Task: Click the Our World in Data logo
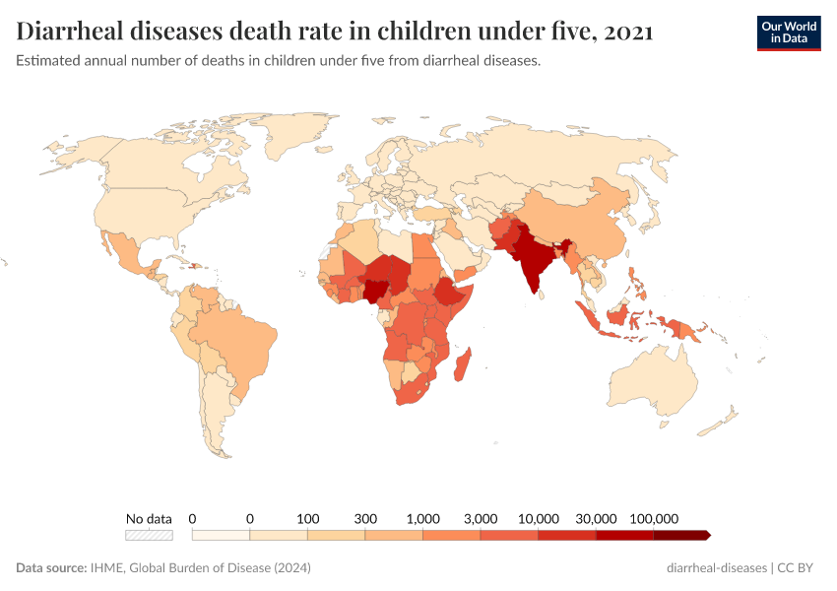pyautogui.click(x=788, y=33)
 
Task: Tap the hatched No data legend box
pyautogui.click(x=149, y=535)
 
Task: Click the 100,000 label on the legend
pyautogui.click(x=655, y=518)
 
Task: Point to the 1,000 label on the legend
pyautogui.click(x=423, y=518)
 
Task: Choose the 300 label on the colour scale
pyautogui.click(x=365, y=518)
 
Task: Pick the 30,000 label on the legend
pyautogui.click(x=597, y=518)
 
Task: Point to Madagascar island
pyautogui.click(x=462, y=365)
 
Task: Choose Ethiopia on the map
pyautogui.click(x=449, y=293)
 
